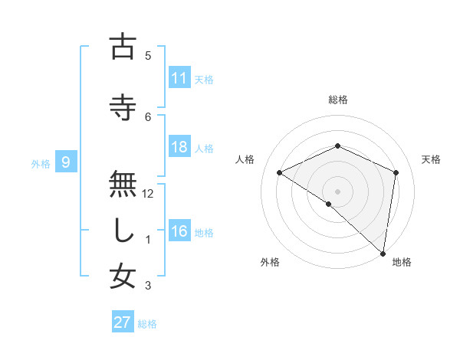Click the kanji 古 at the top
(x=122, y=47)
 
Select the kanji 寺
(x=122, y=107)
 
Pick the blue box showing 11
(x=179, y=78)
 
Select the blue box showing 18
(x=179, y=148)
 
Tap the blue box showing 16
(x=179, y=232)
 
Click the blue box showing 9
(x=67, y=162)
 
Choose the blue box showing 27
(x=123, y=322)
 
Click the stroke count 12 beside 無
(x=149, y=194)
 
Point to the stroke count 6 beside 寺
(x=148, y=116)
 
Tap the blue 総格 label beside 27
(x=148, y=324)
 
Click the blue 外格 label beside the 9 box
(x=41, y=163)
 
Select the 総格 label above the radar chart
(x=337, y=100)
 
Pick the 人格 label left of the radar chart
(x=245, y=159)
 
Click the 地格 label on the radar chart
(x=402, y=262)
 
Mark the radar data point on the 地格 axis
(x=383, y=253)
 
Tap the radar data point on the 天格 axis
(x=396, y=172)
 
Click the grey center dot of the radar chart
(x=337, y=191)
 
